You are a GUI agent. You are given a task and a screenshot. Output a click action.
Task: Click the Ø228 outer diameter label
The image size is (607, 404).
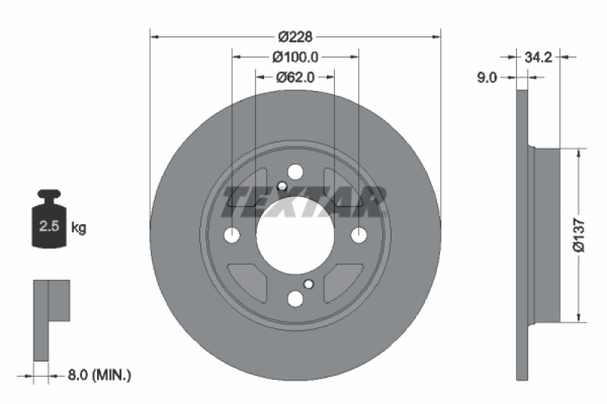tap(295, 36)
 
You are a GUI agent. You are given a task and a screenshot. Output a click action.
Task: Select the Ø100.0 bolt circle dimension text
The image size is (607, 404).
tap(295, 56)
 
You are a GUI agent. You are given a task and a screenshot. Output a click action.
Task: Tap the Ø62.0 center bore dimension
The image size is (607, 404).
tap(295, 77)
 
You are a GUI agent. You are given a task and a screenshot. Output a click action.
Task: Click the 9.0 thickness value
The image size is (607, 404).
tap(486, 77)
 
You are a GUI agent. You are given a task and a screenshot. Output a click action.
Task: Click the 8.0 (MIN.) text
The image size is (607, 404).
tap(99, 374)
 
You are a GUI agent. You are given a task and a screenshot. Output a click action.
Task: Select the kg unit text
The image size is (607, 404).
tap(78, 227)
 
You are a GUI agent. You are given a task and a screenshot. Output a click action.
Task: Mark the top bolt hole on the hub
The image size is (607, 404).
tap(295, 173)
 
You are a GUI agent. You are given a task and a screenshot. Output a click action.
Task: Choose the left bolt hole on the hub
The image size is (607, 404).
tap(232, 236)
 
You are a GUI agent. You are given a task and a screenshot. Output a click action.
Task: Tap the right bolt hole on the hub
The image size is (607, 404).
tap(358, 236)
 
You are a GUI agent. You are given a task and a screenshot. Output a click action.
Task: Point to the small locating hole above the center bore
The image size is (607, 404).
tap(282, 187)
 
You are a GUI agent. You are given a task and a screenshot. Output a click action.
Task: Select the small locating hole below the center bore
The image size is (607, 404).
tap(308, 284)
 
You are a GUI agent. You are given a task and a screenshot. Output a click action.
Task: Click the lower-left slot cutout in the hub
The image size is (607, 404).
tap(250, 280)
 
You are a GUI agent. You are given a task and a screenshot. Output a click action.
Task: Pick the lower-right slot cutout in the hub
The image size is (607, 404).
tap(340, 280)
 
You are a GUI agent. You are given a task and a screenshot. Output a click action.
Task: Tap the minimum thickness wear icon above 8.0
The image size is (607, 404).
tap(50, 318)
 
